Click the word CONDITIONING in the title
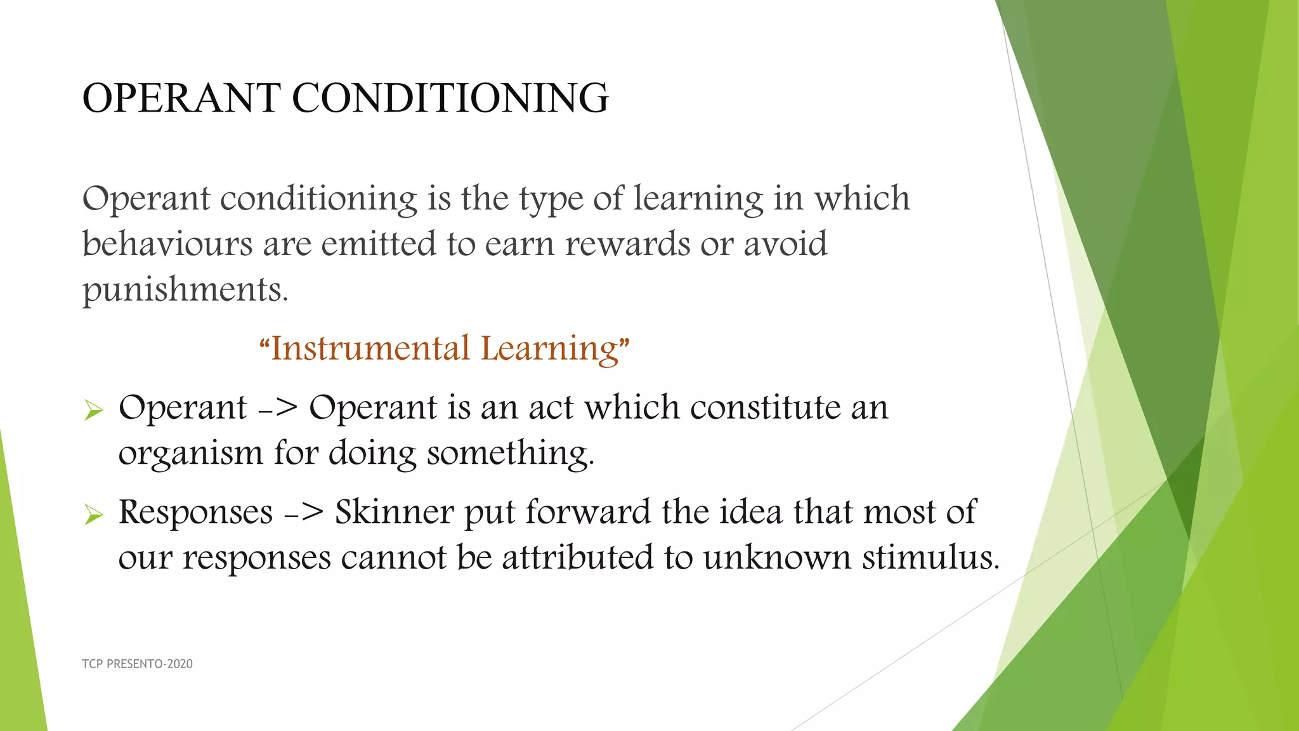point(450,98)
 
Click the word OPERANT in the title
point(181,98)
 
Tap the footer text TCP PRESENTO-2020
point(137,664)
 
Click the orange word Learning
point(549,348)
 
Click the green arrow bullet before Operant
point(93,411)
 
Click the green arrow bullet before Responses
point(93,515)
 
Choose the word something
point(511,454)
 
